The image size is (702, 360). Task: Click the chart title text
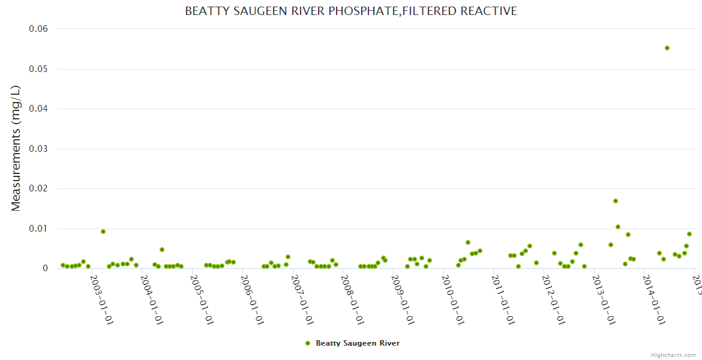pos(351,11)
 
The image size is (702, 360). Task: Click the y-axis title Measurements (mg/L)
pos(16,148)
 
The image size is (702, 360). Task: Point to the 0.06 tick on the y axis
pos(38,29)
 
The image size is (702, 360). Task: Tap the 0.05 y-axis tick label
pos(38,69)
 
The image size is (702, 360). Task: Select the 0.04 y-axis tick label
pos(38,109)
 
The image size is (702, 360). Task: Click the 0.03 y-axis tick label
pos(38,149)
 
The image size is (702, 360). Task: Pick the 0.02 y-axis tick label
pos(38,188)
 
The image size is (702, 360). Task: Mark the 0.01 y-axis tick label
pos(38,229)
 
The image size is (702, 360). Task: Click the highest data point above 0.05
pos(667,48)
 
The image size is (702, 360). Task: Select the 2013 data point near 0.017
pos(616,201)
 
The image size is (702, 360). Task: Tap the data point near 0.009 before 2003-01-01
pos(103,232)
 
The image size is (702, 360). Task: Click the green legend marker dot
pos(308,343)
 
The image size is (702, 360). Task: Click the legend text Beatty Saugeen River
pos(358,343)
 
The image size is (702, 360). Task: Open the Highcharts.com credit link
pos(673,355)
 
